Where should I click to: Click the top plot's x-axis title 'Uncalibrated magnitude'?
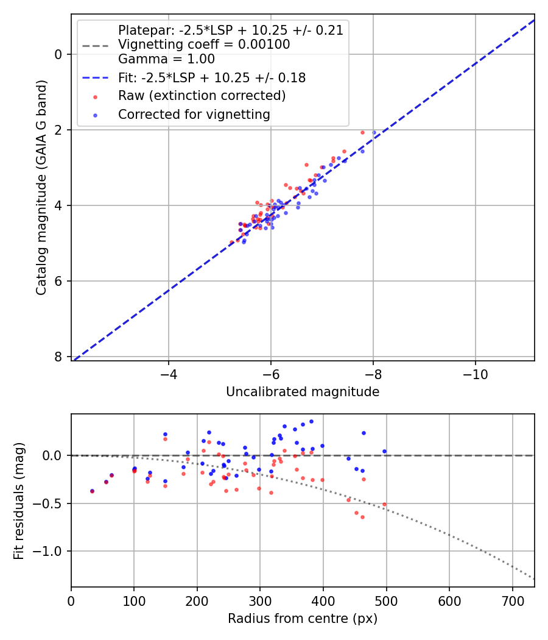click(x=303, y=392)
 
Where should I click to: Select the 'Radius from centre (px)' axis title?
click(x=303, y=619)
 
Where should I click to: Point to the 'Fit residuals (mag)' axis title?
click(x=19, y=500)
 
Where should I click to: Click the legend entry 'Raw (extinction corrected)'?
click(x=202, y=96)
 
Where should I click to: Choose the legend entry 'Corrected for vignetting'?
click(x=194, y=114)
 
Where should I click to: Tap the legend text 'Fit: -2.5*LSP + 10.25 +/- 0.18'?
click(x=212, y=78)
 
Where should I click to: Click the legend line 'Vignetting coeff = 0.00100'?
click(x=204, y=44)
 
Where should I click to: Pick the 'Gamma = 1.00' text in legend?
click(x=166, y=59)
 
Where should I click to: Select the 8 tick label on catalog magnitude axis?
click(x=58, y=357)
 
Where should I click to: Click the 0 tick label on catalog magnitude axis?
click(x=58, y=54)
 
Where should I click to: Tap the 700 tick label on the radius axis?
click(x=512, y=601)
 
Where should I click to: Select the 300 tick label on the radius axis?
click(x=260, y=601)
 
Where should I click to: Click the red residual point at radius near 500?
click(x=384, y=504)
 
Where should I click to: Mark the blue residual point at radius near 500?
click(x=384, y=452)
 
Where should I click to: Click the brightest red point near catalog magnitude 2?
click(x=362, y=132)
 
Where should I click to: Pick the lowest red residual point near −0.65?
click(x=362, y=517)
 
